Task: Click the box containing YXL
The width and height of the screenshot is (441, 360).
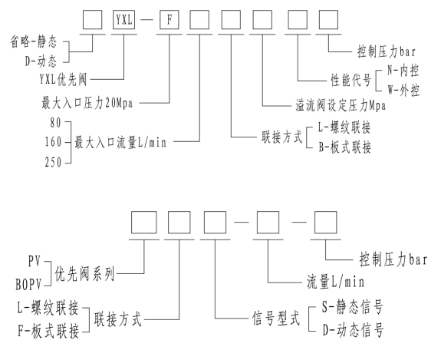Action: (123, 20)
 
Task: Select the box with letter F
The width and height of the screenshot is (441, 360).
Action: (169, 20)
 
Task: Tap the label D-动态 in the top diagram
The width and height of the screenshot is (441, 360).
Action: (41, 61)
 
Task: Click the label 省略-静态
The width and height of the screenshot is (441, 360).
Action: (34, 41)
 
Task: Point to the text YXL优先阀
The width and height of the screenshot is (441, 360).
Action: (64, 80)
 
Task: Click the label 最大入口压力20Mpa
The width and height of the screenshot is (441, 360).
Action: (87, 103)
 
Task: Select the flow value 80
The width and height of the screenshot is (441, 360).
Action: (55, 123)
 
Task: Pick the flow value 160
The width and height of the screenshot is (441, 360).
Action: (53, 142)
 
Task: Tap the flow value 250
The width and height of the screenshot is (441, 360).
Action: (53, 162)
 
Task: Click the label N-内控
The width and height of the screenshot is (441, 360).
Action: (403, 70)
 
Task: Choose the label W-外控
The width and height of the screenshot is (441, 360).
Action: (403, 91)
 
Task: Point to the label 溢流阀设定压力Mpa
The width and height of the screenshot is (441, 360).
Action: (341, 106)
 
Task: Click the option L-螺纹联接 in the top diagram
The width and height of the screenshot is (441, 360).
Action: (344, 127)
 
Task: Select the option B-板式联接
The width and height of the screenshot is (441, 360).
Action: (345, 147)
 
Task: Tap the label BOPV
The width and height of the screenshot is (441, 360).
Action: (28, 285)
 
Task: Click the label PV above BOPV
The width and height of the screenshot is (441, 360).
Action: (35, 261)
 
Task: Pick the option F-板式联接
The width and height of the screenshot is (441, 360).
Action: (48, 331)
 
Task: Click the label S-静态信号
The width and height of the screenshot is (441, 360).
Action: (352, 307)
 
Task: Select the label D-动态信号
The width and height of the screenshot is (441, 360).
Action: (353, 330)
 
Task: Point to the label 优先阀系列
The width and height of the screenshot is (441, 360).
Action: (84, 273)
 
